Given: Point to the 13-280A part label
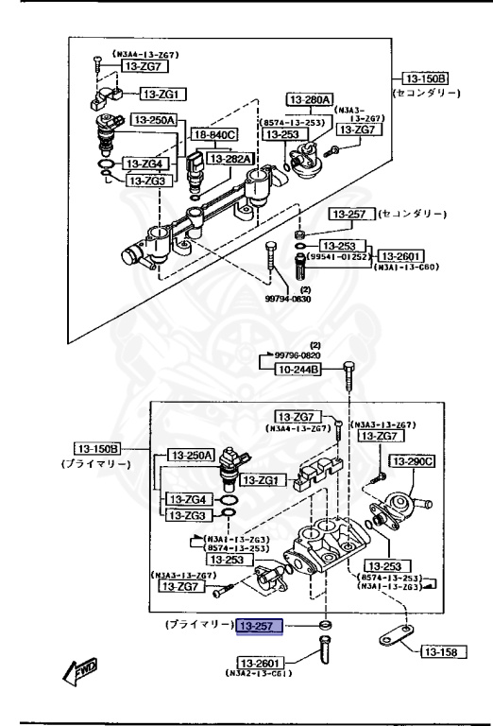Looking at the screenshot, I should coord(310,99).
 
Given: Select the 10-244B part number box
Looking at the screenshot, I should coord(298,371).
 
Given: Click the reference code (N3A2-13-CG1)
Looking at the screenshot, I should coord(257,673).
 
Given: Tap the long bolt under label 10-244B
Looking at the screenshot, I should coord(350,378).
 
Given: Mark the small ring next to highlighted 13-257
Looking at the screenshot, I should coord(325,626).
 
